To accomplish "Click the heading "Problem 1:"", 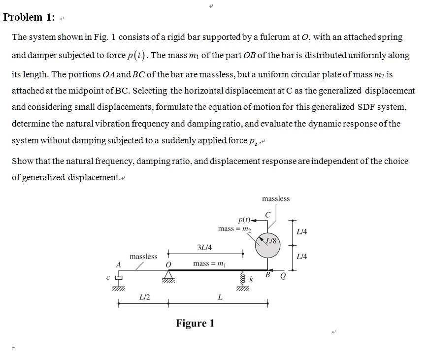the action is [29, 17].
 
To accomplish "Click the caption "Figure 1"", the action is [195, 323].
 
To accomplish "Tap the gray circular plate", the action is [267, 248].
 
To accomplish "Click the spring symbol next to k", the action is [243, 279].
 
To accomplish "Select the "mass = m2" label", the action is [234, 229].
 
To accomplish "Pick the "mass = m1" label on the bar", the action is [209, 263].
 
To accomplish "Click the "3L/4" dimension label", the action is [204, 247].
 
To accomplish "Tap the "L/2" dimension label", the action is [145, 297].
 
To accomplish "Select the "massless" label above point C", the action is [276, 198].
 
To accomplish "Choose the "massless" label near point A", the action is [143, 256].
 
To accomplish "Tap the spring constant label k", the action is [251, 279].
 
